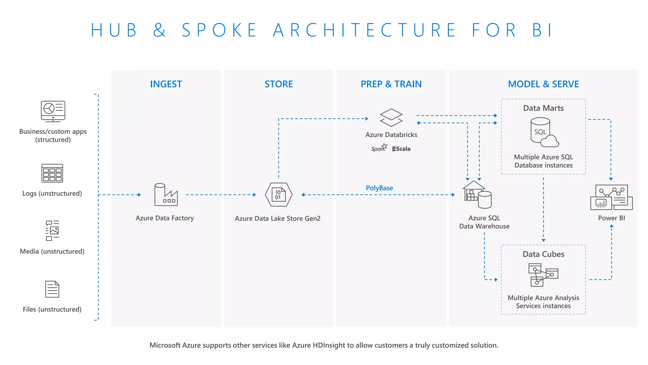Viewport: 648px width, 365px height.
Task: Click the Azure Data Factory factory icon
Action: [x=166, y=195]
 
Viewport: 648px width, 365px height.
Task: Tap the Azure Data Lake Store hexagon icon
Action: [x=278, y=195]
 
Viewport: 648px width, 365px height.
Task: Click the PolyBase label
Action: [x=379, y=188]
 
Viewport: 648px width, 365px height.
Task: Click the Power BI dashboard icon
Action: [x=611, y=197]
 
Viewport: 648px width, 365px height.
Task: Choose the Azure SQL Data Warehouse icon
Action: [x=477, y=195]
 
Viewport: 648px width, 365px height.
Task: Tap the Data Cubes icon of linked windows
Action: [x=543, y=275]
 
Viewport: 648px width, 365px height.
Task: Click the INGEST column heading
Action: [x=166, y=84]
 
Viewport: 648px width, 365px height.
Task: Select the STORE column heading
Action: [x=278, y=84]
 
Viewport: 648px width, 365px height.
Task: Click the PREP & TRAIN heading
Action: [x=391, y=84]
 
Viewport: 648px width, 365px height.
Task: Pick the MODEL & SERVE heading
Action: [x=543, y=84]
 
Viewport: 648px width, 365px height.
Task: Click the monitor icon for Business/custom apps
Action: [x=53, y=111]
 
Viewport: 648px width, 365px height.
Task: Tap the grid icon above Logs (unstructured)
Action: [x=52, y=173]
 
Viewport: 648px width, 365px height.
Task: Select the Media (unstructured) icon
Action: [x=52, y=231]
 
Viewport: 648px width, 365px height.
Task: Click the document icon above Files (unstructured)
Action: [x=52, y=289]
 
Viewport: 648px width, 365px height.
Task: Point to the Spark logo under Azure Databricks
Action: [x=379, y=148]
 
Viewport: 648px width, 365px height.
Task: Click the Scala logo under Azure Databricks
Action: [x=401, y=149]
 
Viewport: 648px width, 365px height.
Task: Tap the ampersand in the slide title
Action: [x=159, y=30]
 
